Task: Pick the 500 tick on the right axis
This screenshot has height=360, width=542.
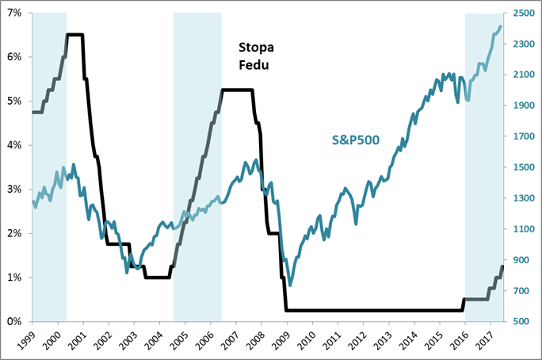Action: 522,321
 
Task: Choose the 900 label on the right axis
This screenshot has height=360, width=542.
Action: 522,260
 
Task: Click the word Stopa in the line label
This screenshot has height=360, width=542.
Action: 256,48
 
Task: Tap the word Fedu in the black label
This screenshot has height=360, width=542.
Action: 254,65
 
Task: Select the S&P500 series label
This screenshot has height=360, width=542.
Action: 355,140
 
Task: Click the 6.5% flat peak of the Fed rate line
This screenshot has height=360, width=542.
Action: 74,35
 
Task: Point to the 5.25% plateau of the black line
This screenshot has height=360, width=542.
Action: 237,90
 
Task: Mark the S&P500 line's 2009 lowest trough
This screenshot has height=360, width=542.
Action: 291,285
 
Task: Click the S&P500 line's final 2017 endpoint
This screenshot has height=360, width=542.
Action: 500,27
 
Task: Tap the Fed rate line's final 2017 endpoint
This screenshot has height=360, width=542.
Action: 502,266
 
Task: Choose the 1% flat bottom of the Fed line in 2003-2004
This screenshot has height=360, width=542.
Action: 158,278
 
